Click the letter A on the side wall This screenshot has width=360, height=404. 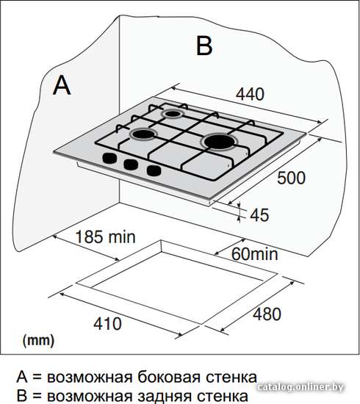[62, 85]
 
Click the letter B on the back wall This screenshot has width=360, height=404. [204, 46]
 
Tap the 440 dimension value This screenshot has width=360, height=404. [250, 94]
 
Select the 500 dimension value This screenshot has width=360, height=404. [291, 178]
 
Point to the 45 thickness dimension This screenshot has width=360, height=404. [259, 215]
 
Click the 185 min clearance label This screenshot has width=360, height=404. [105, 237]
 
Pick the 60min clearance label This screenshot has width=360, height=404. [255, 254]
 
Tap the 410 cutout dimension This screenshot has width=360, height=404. [107, 324]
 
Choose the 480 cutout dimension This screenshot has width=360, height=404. [267, 314]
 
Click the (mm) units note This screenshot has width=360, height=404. [39, 341]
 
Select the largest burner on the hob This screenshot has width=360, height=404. [220, 142]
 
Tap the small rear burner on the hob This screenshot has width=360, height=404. [172, 114]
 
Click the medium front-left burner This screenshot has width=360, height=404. [143, 134]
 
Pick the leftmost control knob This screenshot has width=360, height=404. [109, 158]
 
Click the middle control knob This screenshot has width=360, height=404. [131, 165]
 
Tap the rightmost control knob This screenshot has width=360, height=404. [154, 170]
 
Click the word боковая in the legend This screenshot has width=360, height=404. [168, 378]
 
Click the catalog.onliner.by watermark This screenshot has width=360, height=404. [300, 387]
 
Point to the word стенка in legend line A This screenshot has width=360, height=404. [231, 378]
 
